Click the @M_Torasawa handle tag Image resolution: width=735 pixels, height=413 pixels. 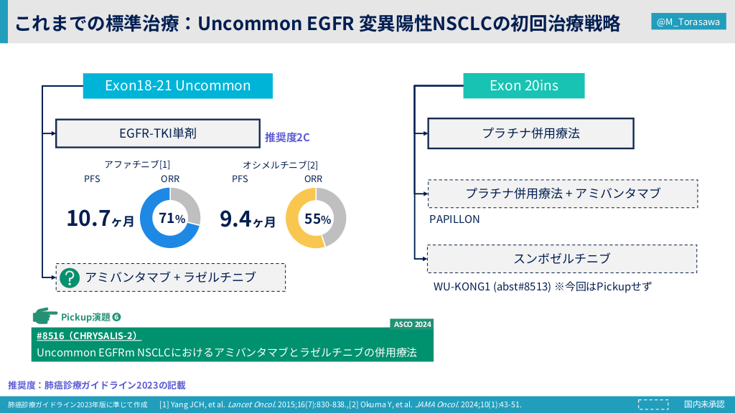(x=688, y=22)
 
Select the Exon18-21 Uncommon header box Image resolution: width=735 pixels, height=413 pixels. (x=178, y=86)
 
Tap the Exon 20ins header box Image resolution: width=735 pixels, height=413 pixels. (x=523, y=86)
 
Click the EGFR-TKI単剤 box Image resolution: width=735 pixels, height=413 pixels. (x=158, y=133)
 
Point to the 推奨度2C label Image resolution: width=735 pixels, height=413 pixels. (x=287, y=137)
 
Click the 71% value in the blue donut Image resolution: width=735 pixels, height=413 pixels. (x=172, y=218)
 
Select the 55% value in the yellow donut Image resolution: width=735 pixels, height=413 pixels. (x=318, y=219)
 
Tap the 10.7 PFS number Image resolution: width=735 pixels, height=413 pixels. (x=88, y=218)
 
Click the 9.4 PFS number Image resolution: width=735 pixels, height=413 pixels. (x=235, y=219)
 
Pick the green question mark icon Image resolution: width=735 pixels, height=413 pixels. (x=70, y=277)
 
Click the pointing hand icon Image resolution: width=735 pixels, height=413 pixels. (x=45, y=316)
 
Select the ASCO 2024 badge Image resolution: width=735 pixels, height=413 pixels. (x=412, y=324)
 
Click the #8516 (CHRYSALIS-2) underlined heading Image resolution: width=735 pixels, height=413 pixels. (x=88, y=336)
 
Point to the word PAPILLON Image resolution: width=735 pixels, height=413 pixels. (x=454, y=219)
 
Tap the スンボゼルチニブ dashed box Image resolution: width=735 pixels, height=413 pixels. (x=562, y=258)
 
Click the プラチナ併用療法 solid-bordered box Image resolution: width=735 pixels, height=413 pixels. (x=530, y=133)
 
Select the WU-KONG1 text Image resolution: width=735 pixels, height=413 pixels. (x=462, y=287)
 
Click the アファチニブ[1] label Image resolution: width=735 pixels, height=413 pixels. (x=137, y=164)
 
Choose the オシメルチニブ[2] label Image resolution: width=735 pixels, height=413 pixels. (x=281, y=165)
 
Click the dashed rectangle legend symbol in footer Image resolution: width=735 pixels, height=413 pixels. (x=653, y=404)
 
